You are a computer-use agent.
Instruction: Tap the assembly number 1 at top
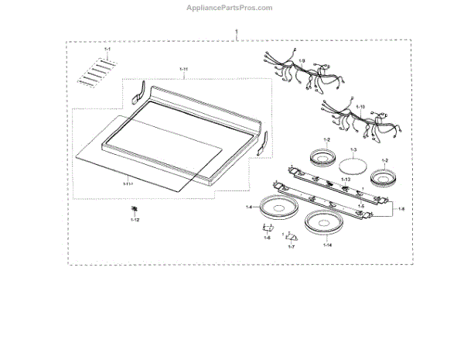(x=237, y=32)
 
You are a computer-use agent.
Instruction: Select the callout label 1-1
(x=107, y=50)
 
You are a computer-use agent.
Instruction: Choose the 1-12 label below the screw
(x=135, y=221)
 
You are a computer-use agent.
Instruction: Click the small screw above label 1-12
(x=135, y=209)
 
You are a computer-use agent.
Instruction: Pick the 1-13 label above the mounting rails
(x=346, y=179)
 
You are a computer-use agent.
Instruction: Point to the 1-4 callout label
(x=250, y=207)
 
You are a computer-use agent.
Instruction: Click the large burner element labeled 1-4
(x=276, y=207)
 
